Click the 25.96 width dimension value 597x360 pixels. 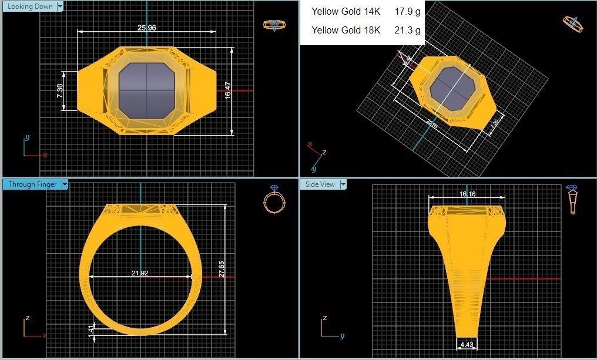tap(146, 28)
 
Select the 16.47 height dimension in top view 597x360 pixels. tap(228, 90)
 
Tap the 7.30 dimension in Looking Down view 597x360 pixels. tap(60, 91)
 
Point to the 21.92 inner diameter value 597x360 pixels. tap(140, 273)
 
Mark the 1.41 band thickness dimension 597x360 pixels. tap(90, 331)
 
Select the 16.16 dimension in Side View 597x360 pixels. tap(467, 194)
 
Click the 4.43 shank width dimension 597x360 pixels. tap(467, 345)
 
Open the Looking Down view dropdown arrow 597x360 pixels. tap(59, 6)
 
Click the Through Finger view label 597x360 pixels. tap(32, 184)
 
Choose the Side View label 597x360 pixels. tap(320, 184)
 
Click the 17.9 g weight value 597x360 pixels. tap(407, 11)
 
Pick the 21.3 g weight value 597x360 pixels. tap(407, 30)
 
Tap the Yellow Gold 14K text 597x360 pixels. tap(346, 11)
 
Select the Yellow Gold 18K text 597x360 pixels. tap(346, 30)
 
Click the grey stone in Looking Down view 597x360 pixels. tap(146, 91)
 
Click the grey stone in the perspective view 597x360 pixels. tap(452, 90)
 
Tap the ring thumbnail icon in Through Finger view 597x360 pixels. tap(274, 200)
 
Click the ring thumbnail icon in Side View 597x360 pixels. tap(573, 200)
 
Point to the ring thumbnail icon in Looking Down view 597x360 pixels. tap(274, 25)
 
